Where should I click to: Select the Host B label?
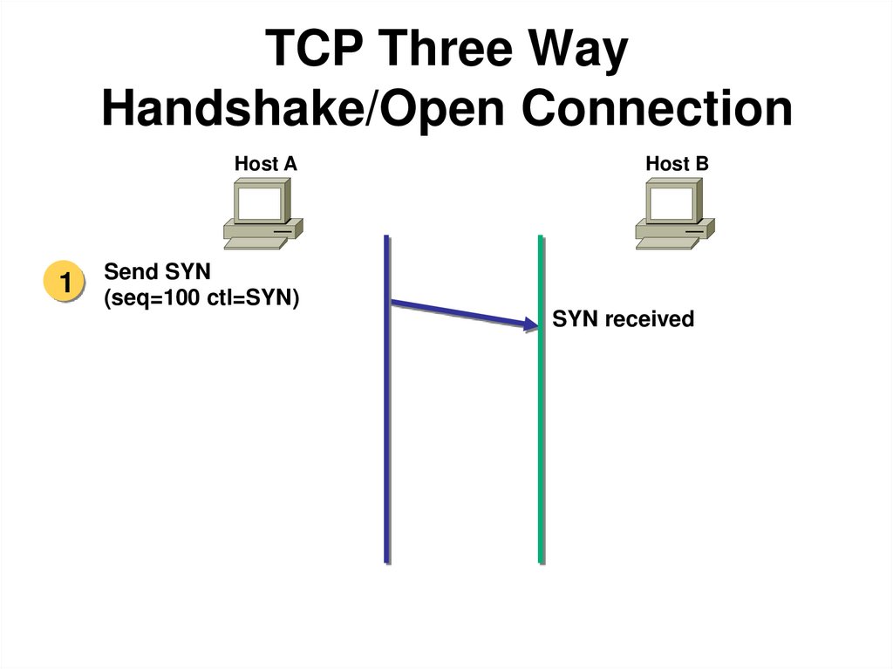click(677, 163)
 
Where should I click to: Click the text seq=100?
click(153, 298)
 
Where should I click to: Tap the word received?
click(649, 319)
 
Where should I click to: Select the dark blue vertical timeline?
click(386, 436)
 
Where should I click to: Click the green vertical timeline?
click(541, 436)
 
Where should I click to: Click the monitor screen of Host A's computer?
click(260, 203)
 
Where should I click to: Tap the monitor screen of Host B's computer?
click(672, 203)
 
